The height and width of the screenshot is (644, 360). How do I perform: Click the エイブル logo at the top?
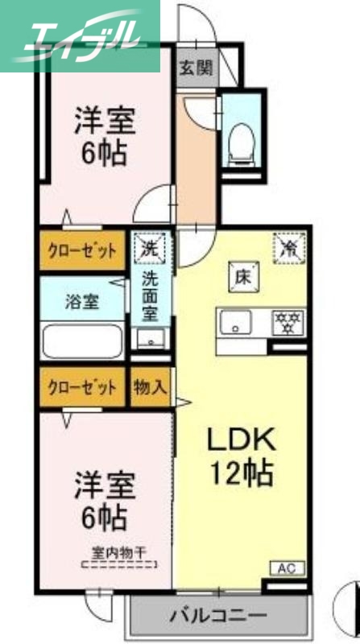tap(81, 35)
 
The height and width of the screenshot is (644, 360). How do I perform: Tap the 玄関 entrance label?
tap(197, 68)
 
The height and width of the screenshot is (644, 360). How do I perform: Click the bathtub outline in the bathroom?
tap(81, 341)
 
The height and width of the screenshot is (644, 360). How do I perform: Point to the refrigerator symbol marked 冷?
tap(288, 246)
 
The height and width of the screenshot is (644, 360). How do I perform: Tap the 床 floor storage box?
tap(243, 279)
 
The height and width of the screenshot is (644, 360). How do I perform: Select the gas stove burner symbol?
tap(287, 320)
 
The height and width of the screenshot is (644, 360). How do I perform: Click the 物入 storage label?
tap(151, 386)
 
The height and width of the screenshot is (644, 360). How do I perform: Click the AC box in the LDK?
tap(288, 568)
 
